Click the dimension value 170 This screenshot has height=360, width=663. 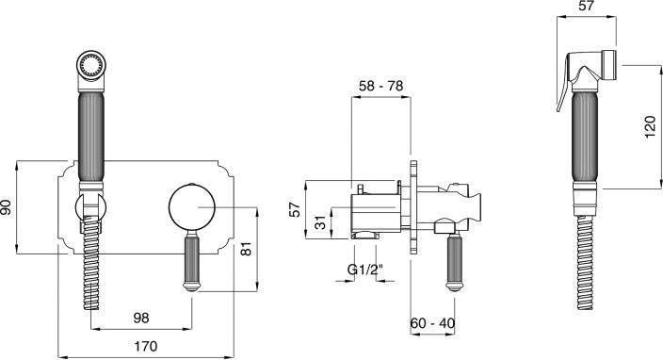145,347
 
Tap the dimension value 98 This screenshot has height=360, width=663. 141,318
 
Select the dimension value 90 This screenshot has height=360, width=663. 7,207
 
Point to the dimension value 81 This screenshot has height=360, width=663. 246,249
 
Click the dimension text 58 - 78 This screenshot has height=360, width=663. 381,86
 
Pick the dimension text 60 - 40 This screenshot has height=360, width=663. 432,323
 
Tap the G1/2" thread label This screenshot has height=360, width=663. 364,270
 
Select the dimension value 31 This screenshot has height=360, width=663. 322,222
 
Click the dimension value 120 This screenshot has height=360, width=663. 651,126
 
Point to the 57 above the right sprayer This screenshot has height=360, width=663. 587,6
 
